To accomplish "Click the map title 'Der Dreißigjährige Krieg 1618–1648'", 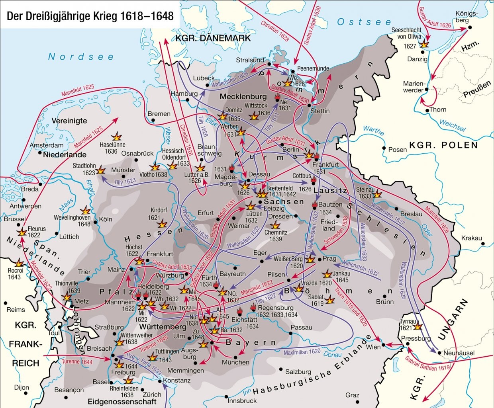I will click(x=90, y=16).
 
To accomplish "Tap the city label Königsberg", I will click(x=466, y=17).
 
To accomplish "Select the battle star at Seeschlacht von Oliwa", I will click(x=425, y=45).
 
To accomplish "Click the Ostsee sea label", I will click(x=364, y=22).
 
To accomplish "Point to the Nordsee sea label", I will click(x=81, y=57).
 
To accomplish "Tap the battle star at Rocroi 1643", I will click(x=18, y=263).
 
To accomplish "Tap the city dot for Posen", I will click(x=384, y=148).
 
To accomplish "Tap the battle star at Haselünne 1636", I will click(x=117, y=136).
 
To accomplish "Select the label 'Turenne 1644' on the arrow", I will click(x=77, y=362).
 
